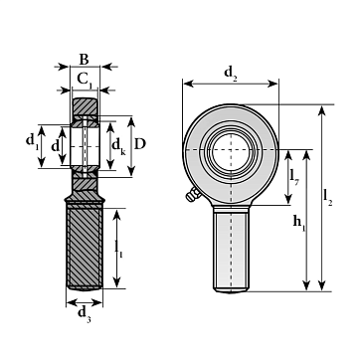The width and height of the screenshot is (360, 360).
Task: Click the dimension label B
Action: pyautogui.click(x=85, y=60)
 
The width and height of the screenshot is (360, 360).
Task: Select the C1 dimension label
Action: pyautogui.click(x=85, y=80)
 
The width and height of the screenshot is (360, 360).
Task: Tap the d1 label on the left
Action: pyautogui.click(x=31, y=141)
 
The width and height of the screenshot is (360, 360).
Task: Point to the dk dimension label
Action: pyautogui.click(x=118, y=146)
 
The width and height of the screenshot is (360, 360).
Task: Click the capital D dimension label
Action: pyautogui.click(x=140, y=144)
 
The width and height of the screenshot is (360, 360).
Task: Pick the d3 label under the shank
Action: pyautogui.click(x=85, y=314)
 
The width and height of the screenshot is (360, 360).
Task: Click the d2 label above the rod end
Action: pyautogui.click(x=231, y=74)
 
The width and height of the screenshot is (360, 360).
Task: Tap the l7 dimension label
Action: pyautogui.click(x=294, y=177)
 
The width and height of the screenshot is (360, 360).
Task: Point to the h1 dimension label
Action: pyautogui.click(x=299, y=223)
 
